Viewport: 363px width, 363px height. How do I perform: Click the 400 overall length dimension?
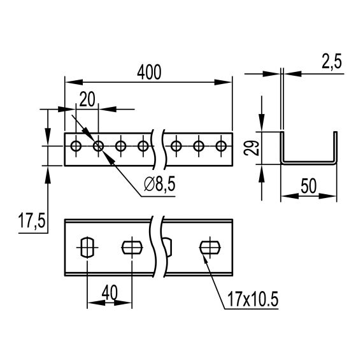point(149,73)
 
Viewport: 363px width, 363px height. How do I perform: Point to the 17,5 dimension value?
point(30,222)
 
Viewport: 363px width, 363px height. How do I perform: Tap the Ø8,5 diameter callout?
point(159,184)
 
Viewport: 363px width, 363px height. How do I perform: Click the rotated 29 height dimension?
point(252,149)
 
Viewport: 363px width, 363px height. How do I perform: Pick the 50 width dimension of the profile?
point(309,187)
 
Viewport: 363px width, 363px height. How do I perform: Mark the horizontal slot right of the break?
point(209,246)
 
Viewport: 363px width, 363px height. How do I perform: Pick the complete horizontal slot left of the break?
point(131,246)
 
